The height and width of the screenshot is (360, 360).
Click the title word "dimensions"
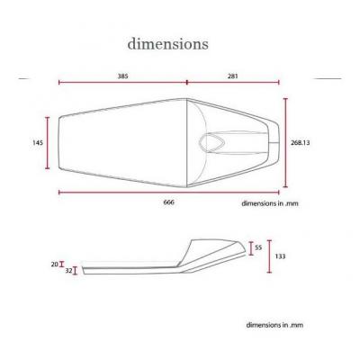167,44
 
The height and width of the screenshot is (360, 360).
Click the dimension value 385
122,76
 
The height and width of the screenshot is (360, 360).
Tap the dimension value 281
233,76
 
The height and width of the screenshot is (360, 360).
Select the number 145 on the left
38,142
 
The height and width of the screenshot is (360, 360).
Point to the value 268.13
301,143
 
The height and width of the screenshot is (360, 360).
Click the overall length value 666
168,202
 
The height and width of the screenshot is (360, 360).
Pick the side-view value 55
258,247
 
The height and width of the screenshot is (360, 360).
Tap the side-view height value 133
280,256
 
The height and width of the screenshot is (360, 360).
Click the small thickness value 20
54,265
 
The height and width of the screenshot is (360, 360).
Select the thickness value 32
68,271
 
